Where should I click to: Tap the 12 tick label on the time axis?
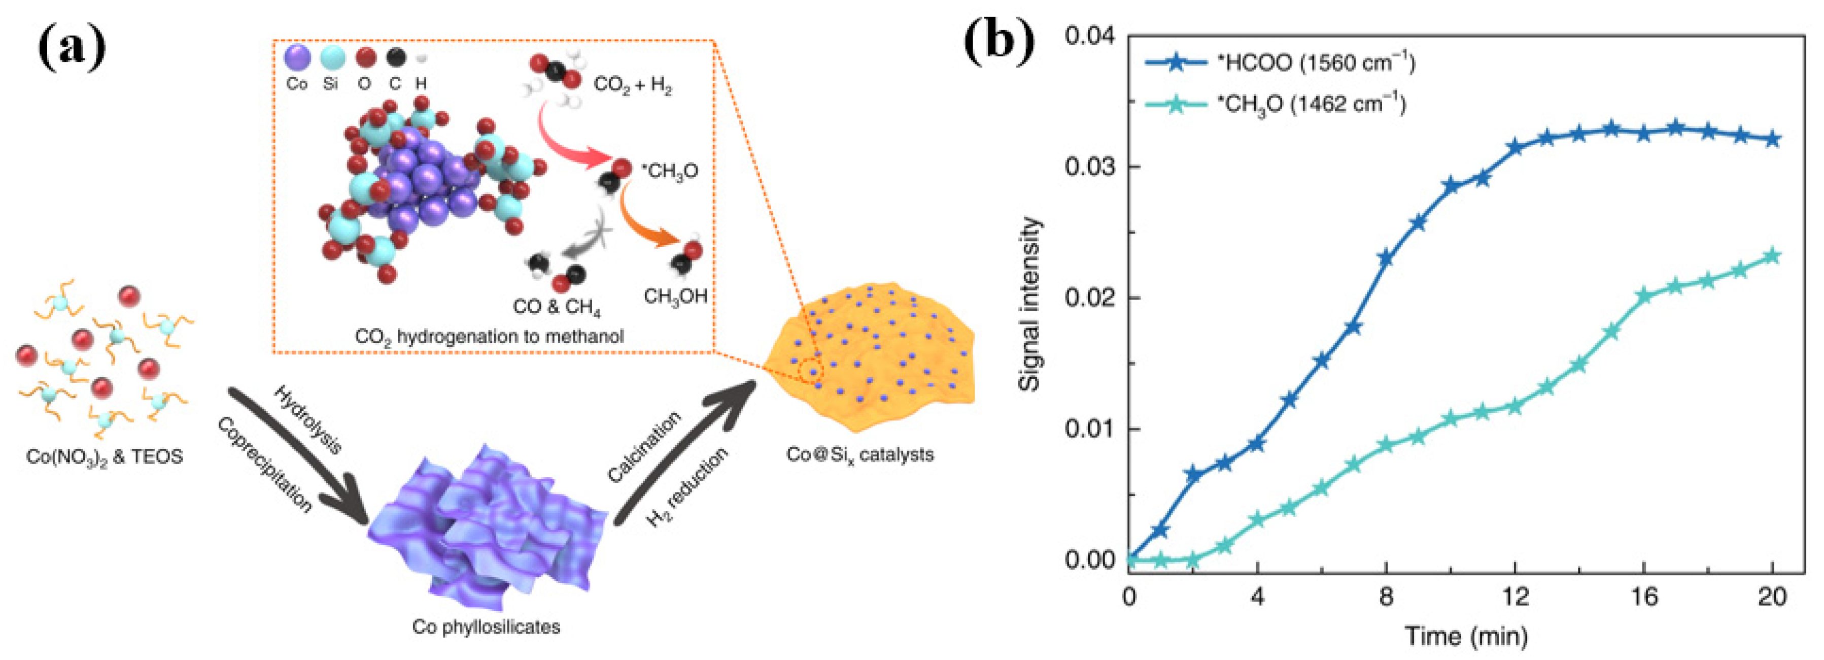click(x=1516, y=597)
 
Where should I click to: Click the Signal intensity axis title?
click(x=1031, y=305)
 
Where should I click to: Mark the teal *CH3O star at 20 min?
click(x=1772, y=256)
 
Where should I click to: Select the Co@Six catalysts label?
click(x=859, y=454)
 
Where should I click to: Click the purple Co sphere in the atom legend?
click(x=297, y=57)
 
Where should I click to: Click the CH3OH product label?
click(x=675, y=296)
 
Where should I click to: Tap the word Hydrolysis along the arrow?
click(x=308, y=420)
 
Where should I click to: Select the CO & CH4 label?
click(x=557, y=307)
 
